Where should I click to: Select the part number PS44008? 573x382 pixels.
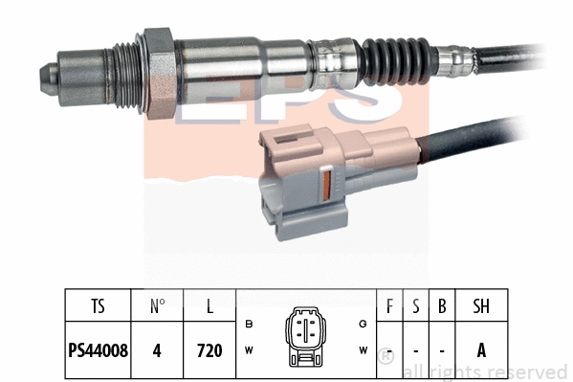pos(99,351)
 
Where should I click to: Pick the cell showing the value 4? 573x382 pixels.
pos(158,351)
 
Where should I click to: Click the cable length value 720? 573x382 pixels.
pos(209,351)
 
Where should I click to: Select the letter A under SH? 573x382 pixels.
pos(481,351)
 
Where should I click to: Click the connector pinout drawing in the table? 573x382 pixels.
pos(306,336)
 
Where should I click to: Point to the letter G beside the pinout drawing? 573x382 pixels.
pos(364,324)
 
